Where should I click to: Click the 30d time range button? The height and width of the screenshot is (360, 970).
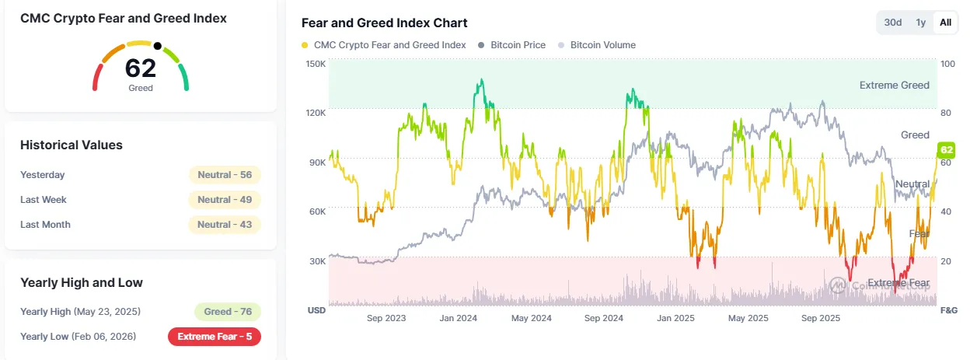coord(893,23)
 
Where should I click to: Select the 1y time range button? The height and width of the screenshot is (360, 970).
coord(921,23)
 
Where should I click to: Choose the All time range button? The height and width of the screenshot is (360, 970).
coord(945,23)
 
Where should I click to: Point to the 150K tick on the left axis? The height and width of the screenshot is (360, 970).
coord(316,63)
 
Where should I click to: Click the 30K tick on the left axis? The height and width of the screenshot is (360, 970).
coord(316,261)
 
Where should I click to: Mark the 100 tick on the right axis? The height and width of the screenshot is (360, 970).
coord(947,63)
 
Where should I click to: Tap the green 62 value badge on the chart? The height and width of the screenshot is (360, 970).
coord(947,150)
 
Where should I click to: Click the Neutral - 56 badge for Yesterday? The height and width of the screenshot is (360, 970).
coord(225,175)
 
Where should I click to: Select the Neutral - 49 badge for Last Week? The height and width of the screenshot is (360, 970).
coord(225,200)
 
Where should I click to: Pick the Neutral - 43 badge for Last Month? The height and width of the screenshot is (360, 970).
coord(225,225)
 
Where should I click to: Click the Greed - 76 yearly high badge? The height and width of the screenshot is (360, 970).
coord(228,312)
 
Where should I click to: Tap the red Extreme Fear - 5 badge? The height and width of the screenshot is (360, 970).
coord(215,337)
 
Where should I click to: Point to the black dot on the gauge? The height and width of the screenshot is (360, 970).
coord(158,46)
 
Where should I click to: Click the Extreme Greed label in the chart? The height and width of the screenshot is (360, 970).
coord(894,86)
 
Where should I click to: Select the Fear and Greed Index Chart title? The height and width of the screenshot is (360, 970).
coord(384,23)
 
